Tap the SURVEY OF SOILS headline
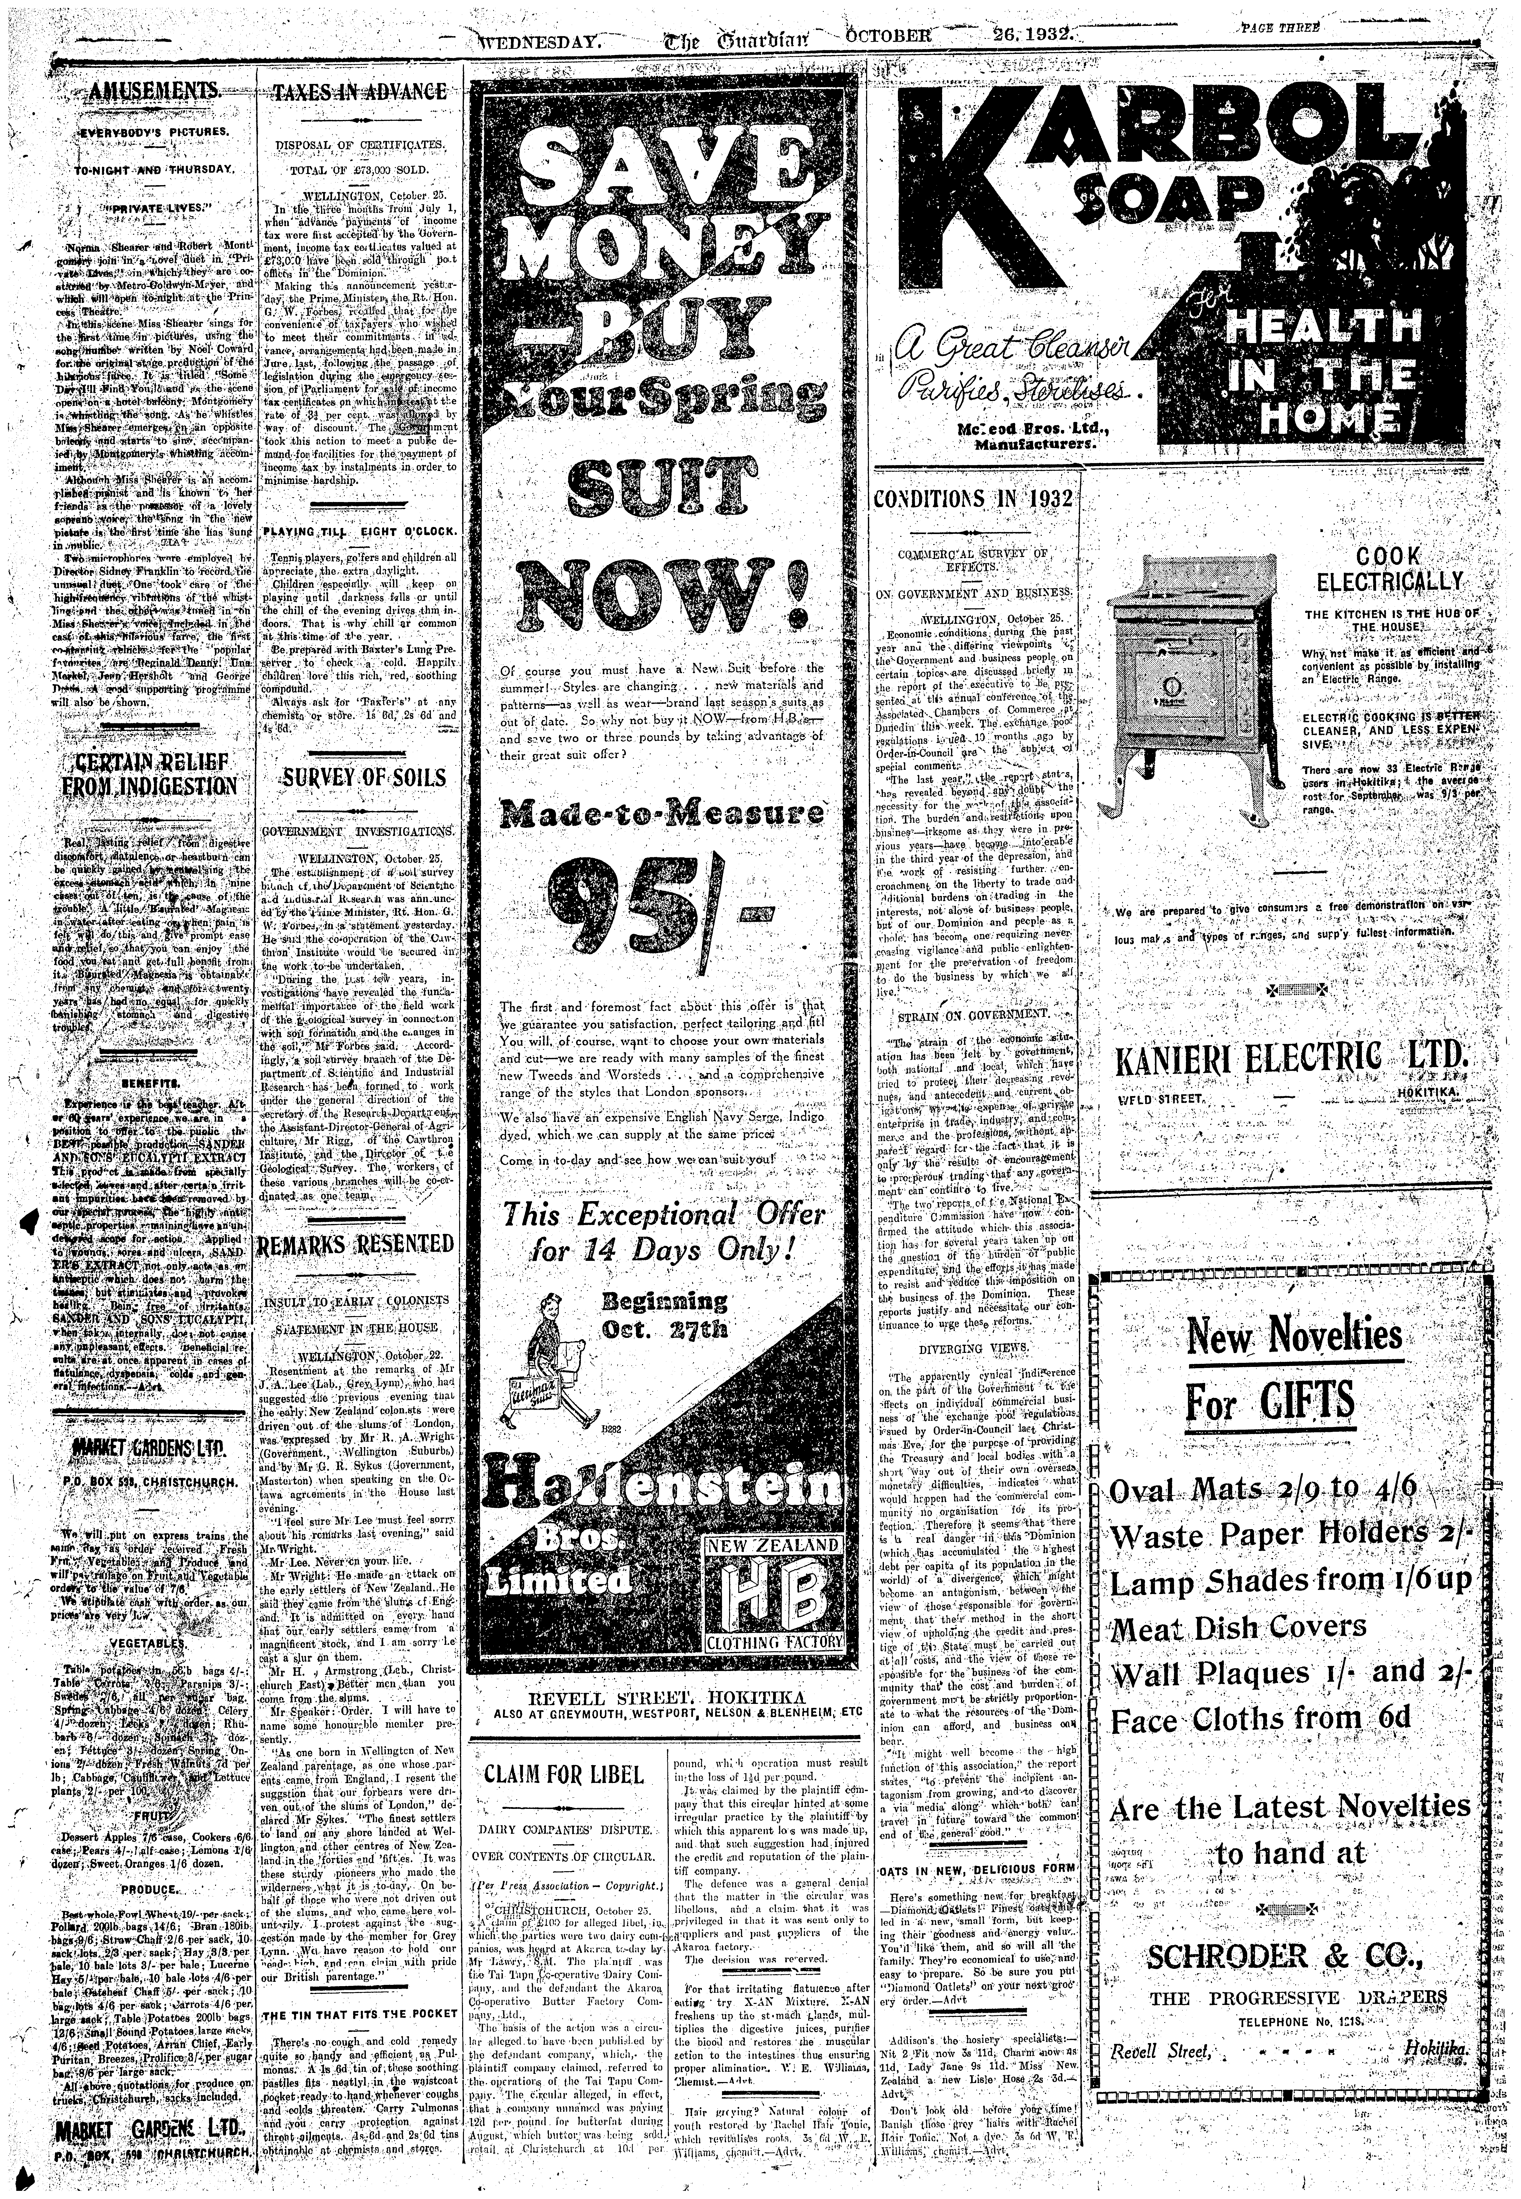point(362,777)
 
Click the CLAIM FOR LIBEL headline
point(564,1775)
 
